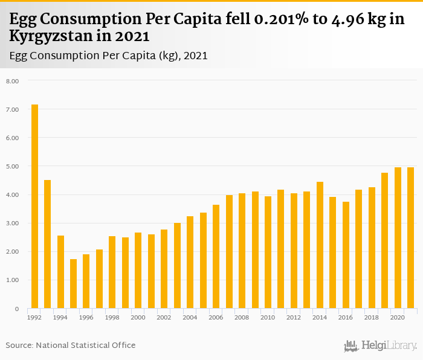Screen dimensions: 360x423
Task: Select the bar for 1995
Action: pos(74,284)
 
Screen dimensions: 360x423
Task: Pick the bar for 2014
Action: pos(320,245)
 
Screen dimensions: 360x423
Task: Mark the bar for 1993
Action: pos(48,244)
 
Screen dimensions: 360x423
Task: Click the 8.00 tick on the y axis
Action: pos(13,81)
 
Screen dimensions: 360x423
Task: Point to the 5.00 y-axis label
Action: pos(13,166)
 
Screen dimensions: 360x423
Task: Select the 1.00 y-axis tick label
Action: pos(13,280)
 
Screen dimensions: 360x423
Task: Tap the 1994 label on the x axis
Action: pos(60,317)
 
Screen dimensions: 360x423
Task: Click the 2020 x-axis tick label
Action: pos(397,317)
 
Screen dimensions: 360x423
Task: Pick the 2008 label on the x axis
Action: pos(242,317)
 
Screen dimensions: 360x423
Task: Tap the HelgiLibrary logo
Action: pos(380,346)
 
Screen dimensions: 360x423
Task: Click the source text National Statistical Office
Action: pos(85,346)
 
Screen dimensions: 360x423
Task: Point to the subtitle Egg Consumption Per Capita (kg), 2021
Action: pos(109,56)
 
